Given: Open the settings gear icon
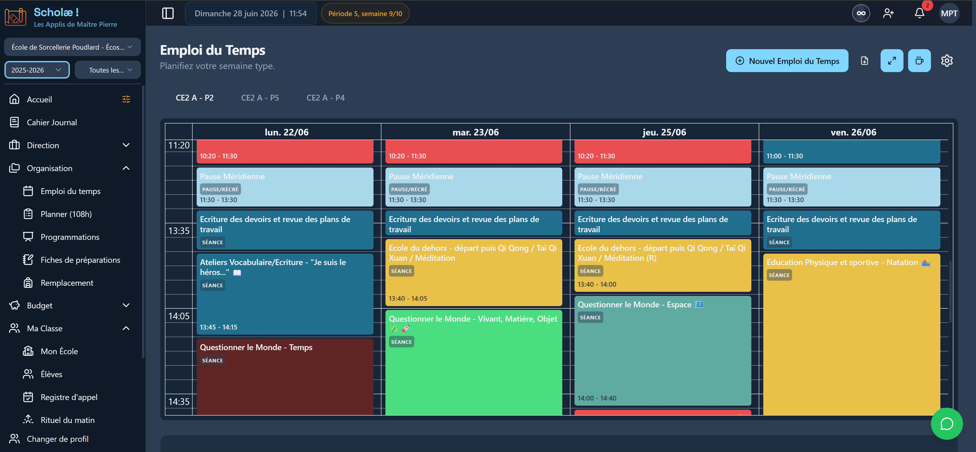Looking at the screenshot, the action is [x=946, y=61].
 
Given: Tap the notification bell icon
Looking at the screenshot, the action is [x=919, y=13].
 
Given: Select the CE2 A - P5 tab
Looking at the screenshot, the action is [x=260, y=98].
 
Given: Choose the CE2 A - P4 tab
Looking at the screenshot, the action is [x=325, y=98].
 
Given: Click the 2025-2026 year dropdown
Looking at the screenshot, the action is [x=37, y=70].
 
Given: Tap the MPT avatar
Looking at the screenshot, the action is [x=949, y=13].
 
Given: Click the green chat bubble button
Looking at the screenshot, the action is [x=946, y=423].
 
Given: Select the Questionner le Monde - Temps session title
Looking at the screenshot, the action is [x=256, y=347].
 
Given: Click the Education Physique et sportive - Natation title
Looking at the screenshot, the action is [x=842, y=262].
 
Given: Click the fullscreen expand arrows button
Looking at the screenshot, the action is [x=892, y=61].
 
